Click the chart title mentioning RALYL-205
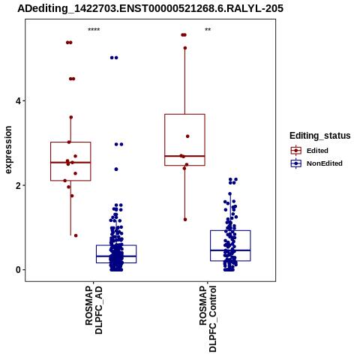(150, 8)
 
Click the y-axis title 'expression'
(8, 150)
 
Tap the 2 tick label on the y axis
(18, 185)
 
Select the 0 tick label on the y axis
(18, 270)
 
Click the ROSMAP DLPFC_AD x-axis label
(94, 310)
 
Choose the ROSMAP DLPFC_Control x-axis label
(208, 319)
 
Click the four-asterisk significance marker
(94, 30)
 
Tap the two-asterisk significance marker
(208, 30)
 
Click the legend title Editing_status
(320, 136)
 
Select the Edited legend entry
(309, 151)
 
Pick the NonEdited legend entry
(316, 163)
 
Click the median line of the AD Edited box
(70, 163)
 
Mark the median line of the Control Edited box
(184, 156)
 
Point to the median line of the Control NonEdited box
(230, 250)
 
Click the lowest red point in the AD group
(76, 235)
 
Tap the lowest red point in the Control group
(185, 220)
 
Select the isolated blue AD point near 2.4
(116, 169)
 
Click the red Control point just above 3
(187, 136)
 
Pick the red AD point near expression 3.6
(70, 117)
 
